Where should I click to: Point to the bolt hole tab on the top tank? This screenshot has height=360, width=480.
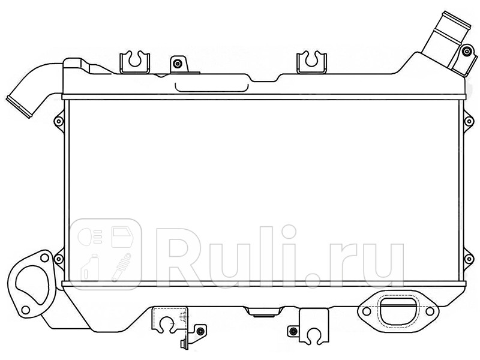177,63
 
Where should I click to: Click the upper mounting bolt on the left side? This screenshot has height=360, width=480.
58,121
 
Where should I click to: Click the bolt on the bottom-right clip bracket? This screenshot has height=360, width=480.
292,331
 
